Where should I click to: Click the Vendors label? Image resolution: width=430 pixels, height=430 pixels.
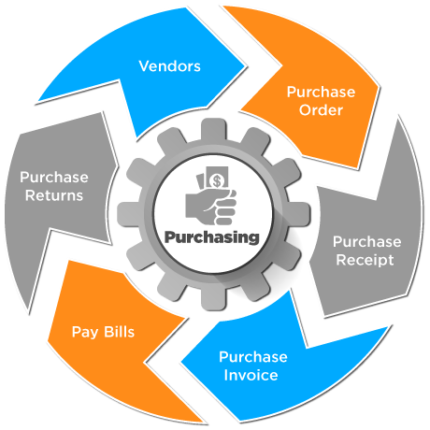(169, 66)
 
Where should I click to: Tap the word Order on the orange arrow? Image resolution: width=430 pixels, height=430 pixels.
(321, 110)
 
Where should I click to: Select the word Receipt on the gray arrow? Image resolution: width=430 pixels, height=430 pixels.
(365, 261)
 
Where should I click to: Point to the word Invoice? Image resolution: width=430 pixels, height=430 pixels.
(251, 375)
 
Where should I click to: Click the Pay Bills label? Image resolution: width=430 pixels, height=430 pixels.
(103, 333)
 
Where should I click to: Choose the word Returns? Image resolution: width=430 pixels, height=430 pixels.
(54, 195)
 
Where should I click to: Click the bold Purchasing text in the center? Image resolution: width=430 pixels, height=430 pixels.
(212, 237)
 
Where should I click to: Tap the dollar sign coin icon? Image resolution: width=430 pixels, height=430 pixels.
(217, 180)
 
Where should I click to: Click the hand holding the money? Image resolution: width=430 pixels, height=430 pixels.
(211, 207)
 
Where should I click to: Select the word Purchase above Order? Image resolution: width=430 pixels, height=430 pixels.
(321, 92)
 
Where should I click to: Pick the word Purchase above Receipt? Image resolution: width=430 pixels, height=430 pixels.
(367, 242)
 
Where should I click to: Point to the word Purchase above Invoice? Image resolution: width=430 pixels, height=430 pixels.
(253, 357)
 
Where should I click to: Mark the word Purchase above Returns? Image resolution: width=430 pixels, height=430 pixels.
(54, 178)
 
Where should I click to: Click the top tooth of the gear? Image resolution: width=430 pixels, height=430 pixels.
(214, 128)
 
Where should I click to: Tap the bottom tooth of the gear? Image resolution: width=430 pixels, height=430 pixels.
(214, 300)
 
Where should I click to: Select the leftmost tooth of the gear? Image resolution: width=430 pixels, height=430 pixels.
(128, 214)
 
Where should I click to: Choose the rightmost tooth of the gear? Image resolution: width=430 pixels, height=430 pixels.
(300, 214)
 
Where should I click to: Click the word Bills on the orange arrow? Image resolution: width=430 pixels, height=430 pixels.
(119, 332)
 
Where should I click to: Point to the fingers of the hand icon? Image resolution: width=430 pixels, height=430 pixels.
(225, 208)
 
